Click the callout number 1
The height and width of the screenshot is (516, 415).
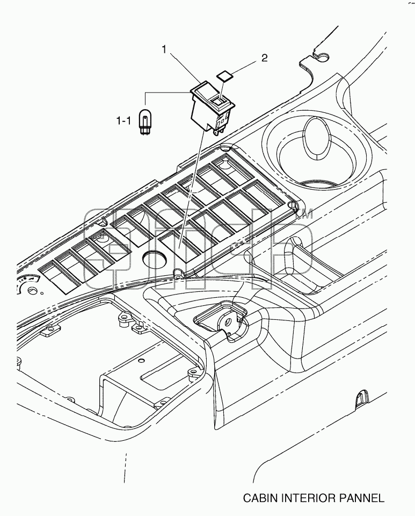click(163, 49)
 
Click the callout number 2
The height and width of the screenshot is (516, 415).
click(264, 58)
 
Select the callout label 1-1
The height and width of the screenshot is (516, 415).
click(123, 121)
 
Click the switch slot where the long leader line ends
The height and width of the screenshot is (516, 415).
click(180, 245)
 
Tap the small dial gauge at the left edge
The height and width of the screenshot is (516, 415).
click(27, 287)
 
